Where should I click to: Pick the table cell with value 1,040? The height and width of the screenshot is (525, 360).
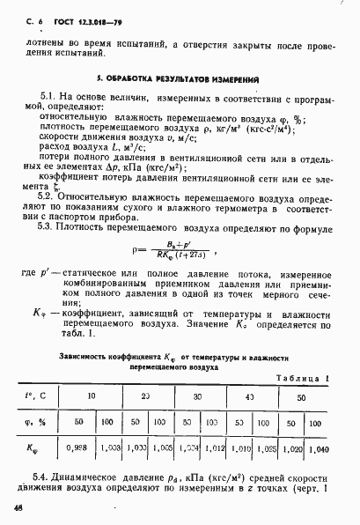pos(321,448)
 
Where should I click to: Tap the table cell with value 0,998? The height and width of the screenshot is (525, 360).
pos(77,448)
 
